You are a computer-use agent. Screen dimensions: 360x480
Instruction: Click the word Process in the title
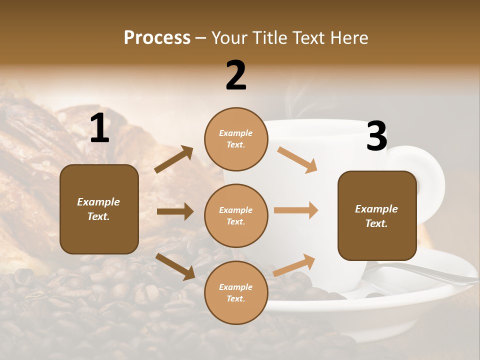click(x=157, y=37)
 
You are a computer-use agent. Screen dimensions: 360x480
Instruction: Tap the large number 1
click(x=99, y=128)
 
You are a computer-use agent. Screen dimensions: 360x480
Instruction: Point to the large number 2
click(x=236, y=75)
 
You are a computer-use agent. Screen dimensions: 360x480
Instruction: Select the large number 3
click(x=376, y=136)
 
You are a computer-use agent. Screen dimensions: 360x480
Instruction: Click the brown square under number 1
click(x=99, y=209)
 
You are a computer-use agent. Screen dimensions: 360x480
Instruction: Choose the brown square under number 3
click(x=377, y=215)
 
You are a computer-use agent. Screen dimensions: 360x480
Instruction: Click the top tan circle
click(x=236, y=139)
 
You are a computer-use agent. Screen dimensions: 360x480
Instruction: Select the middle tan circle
click(x=236, y=215)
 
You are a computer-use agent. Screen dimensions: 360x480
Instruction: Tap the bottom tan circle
click(x=236, y=292)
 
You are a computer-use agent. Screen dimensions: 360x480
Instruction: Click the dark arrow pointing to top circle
click(x=174, y=159)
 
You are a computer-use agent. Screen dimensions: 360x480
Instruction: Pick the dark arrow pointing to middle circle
click(x=175, y=211)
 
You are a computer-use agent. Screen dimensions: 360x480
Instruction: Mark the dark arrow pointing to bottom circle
click(x=175, y=266)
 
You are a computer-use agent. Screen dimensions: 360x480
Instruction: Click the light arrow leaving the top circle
click(x=297, y=159)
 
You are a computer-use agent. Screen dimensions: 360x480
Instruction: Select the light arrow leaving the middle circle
click(x=296, y=210)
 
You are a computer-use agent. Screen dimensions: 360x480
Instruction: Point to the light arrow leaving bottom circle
click(x=294, y=265)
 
